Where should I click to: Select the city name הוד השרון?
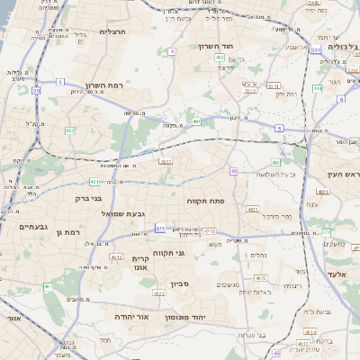[216, 44]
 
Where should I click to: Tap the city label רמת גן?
[67, 232]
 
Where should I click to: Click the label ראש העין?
[338, 173]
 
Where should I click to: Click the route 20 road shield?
[36, 91]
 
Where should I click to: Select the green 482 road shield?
[70, 131]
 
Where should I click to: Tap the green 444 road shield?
[317, 88]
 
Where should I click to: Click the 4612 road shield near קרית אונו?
[116, 256]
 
